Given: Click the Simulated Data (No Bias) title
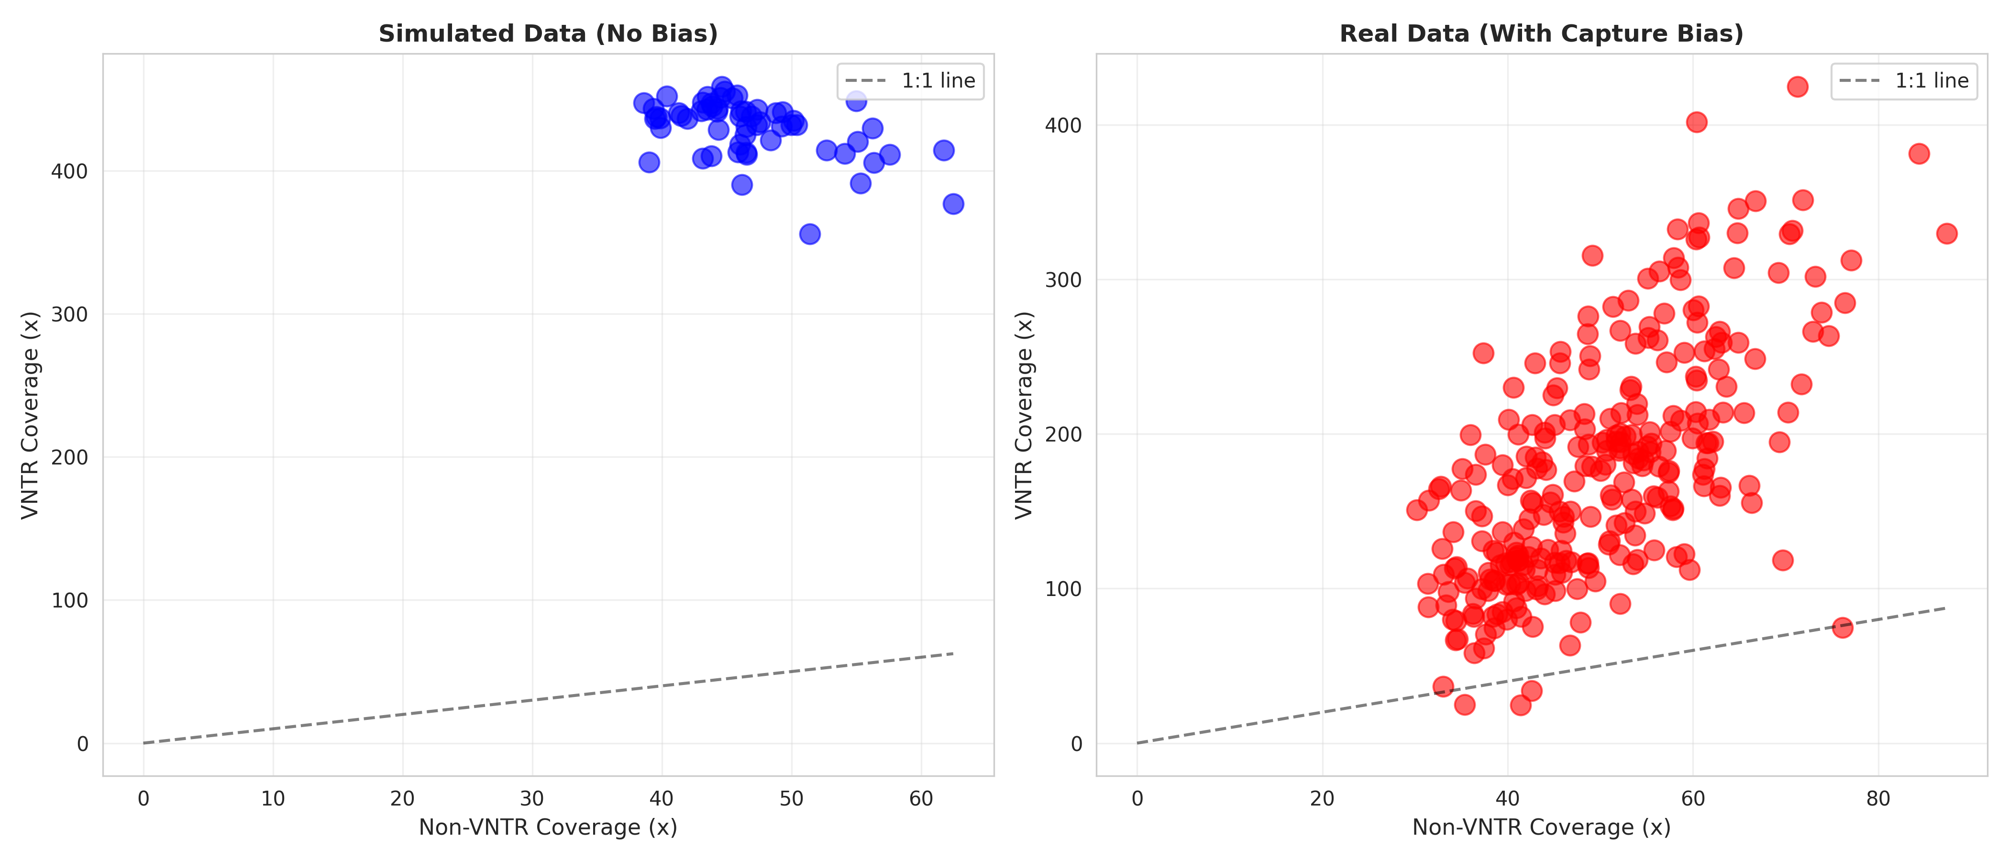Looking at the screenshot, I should pyautogui.click(x=548, y=33).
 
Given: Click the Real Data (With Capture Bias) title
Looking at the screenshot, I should pyautogui.click(x=1541, y=33).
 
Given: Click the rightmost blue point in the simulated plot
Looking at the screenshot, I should pyautogui.click(x=953, y=204).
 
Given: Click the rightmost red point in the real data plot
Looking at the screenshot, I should pyautogui.click(x=1947, y=233).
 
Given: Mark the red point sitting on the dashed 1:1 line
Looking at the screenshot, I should pyautogui.click(x=1842, y=627).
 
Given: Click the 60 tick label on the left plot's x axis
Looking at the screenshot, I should pyautogui.click(x=921, y=799).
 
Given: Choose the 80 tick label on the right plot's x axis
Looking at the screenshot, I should pyautogui.click(x=1878, y=799).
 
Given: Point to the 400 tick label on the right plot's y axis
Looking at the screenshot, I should pyautogui.click(x=1063, y=125).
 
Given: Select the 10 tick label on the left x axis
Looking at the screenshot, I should pyautogui.click(x=273, y=799).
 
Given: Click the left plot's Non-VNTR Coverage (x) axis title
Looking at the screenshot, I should pyautogui.click(x=548, y=828).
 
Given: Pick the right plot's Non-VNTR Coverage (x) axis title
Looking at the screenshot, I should pyautogui.click(x=1541, y=828).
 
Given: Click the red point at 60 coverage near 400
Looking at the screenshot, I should pyautogui.click(x=1696, y=121).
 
